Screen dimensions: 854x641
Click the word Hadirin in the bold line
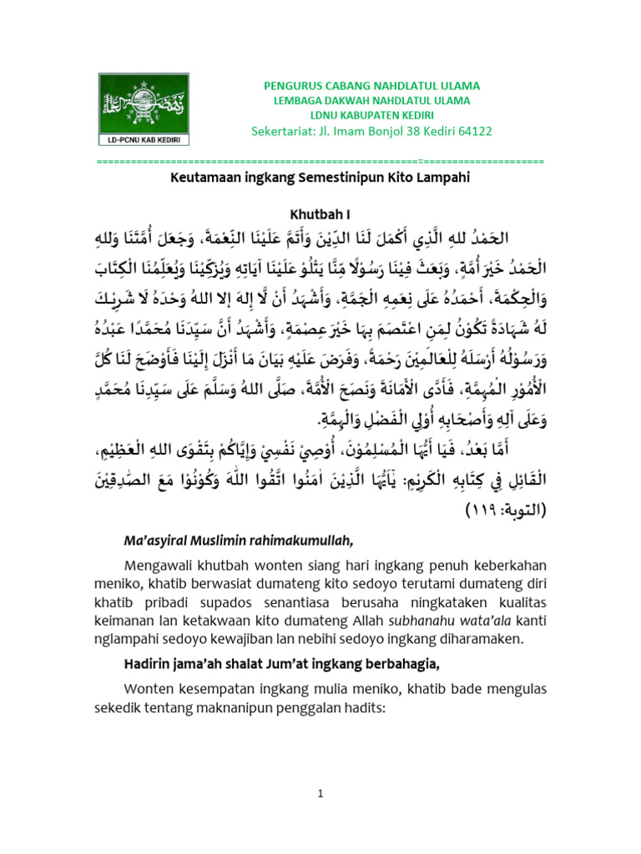[x=147, y=665]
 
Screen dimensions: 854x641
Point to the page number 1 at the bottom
[x=320, y=794]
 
